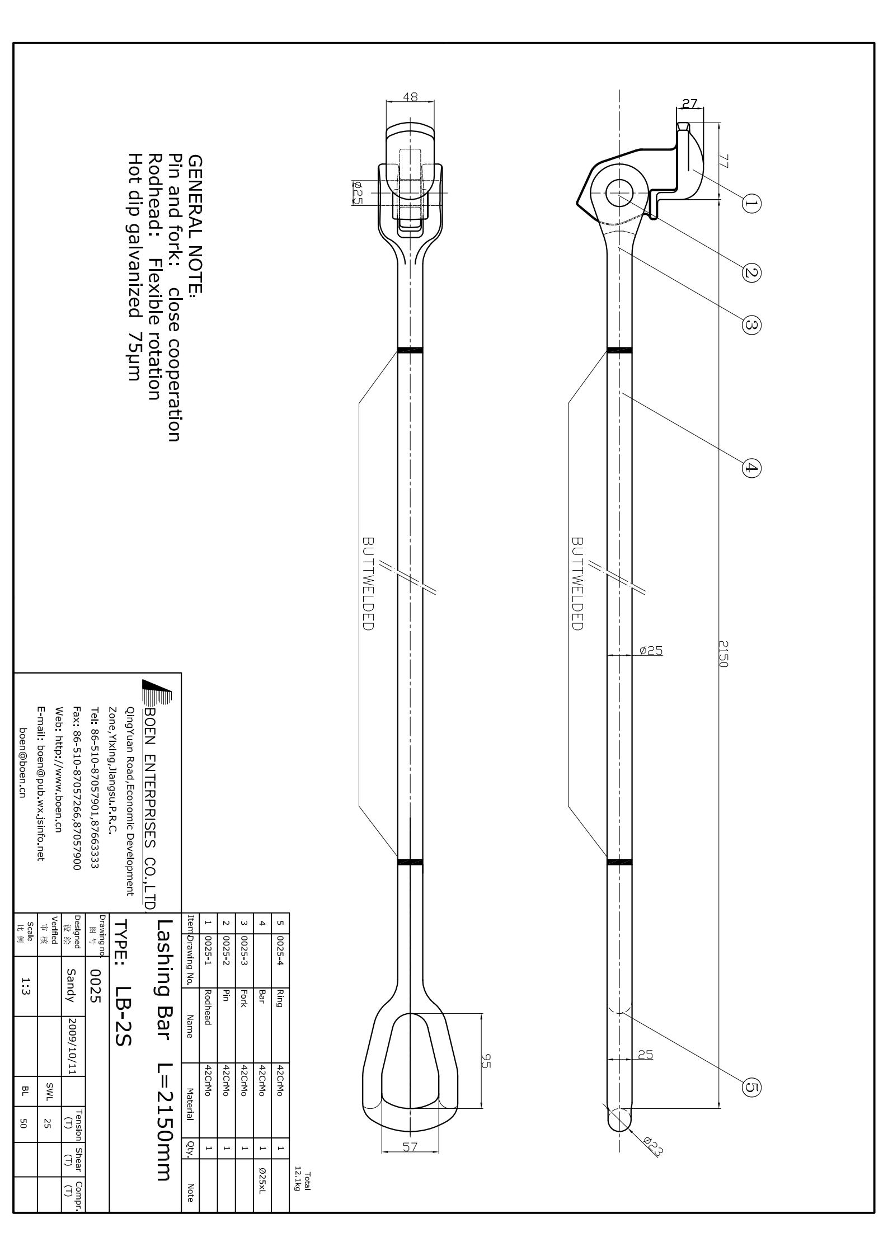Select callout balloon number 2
coord(751,272)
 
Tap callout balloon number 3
coord(751,324)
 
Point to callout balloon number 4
coord(751,468)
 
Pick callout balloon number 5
coord(751,1087)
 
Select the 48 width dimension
coord(410,97)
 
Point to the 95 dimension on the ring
coord(485,1061)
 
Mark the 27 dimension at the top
coord(690,104)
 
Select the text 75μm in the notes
coord(134,356)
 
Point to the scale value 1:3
coord(26,987)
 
